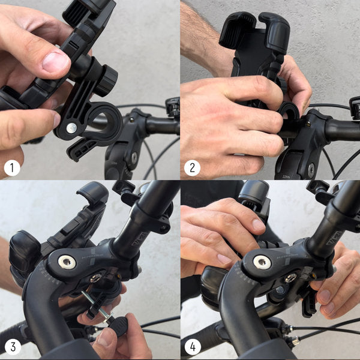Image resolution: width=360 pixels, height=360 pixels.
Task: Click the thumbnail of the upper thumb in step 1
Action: (55, 61)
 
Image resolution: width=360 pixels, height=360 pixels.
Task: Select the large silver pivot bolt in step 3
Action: (66, 262)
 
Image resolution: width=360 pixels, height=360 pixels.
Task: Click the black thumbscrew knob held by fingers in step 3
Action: (118, 326)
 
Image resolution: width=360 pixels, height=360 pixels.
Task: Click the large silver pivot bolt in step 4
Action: (261, 262)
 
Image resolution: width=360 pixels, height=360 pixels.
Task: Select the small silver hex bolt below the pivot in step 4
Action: (291, 278)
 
